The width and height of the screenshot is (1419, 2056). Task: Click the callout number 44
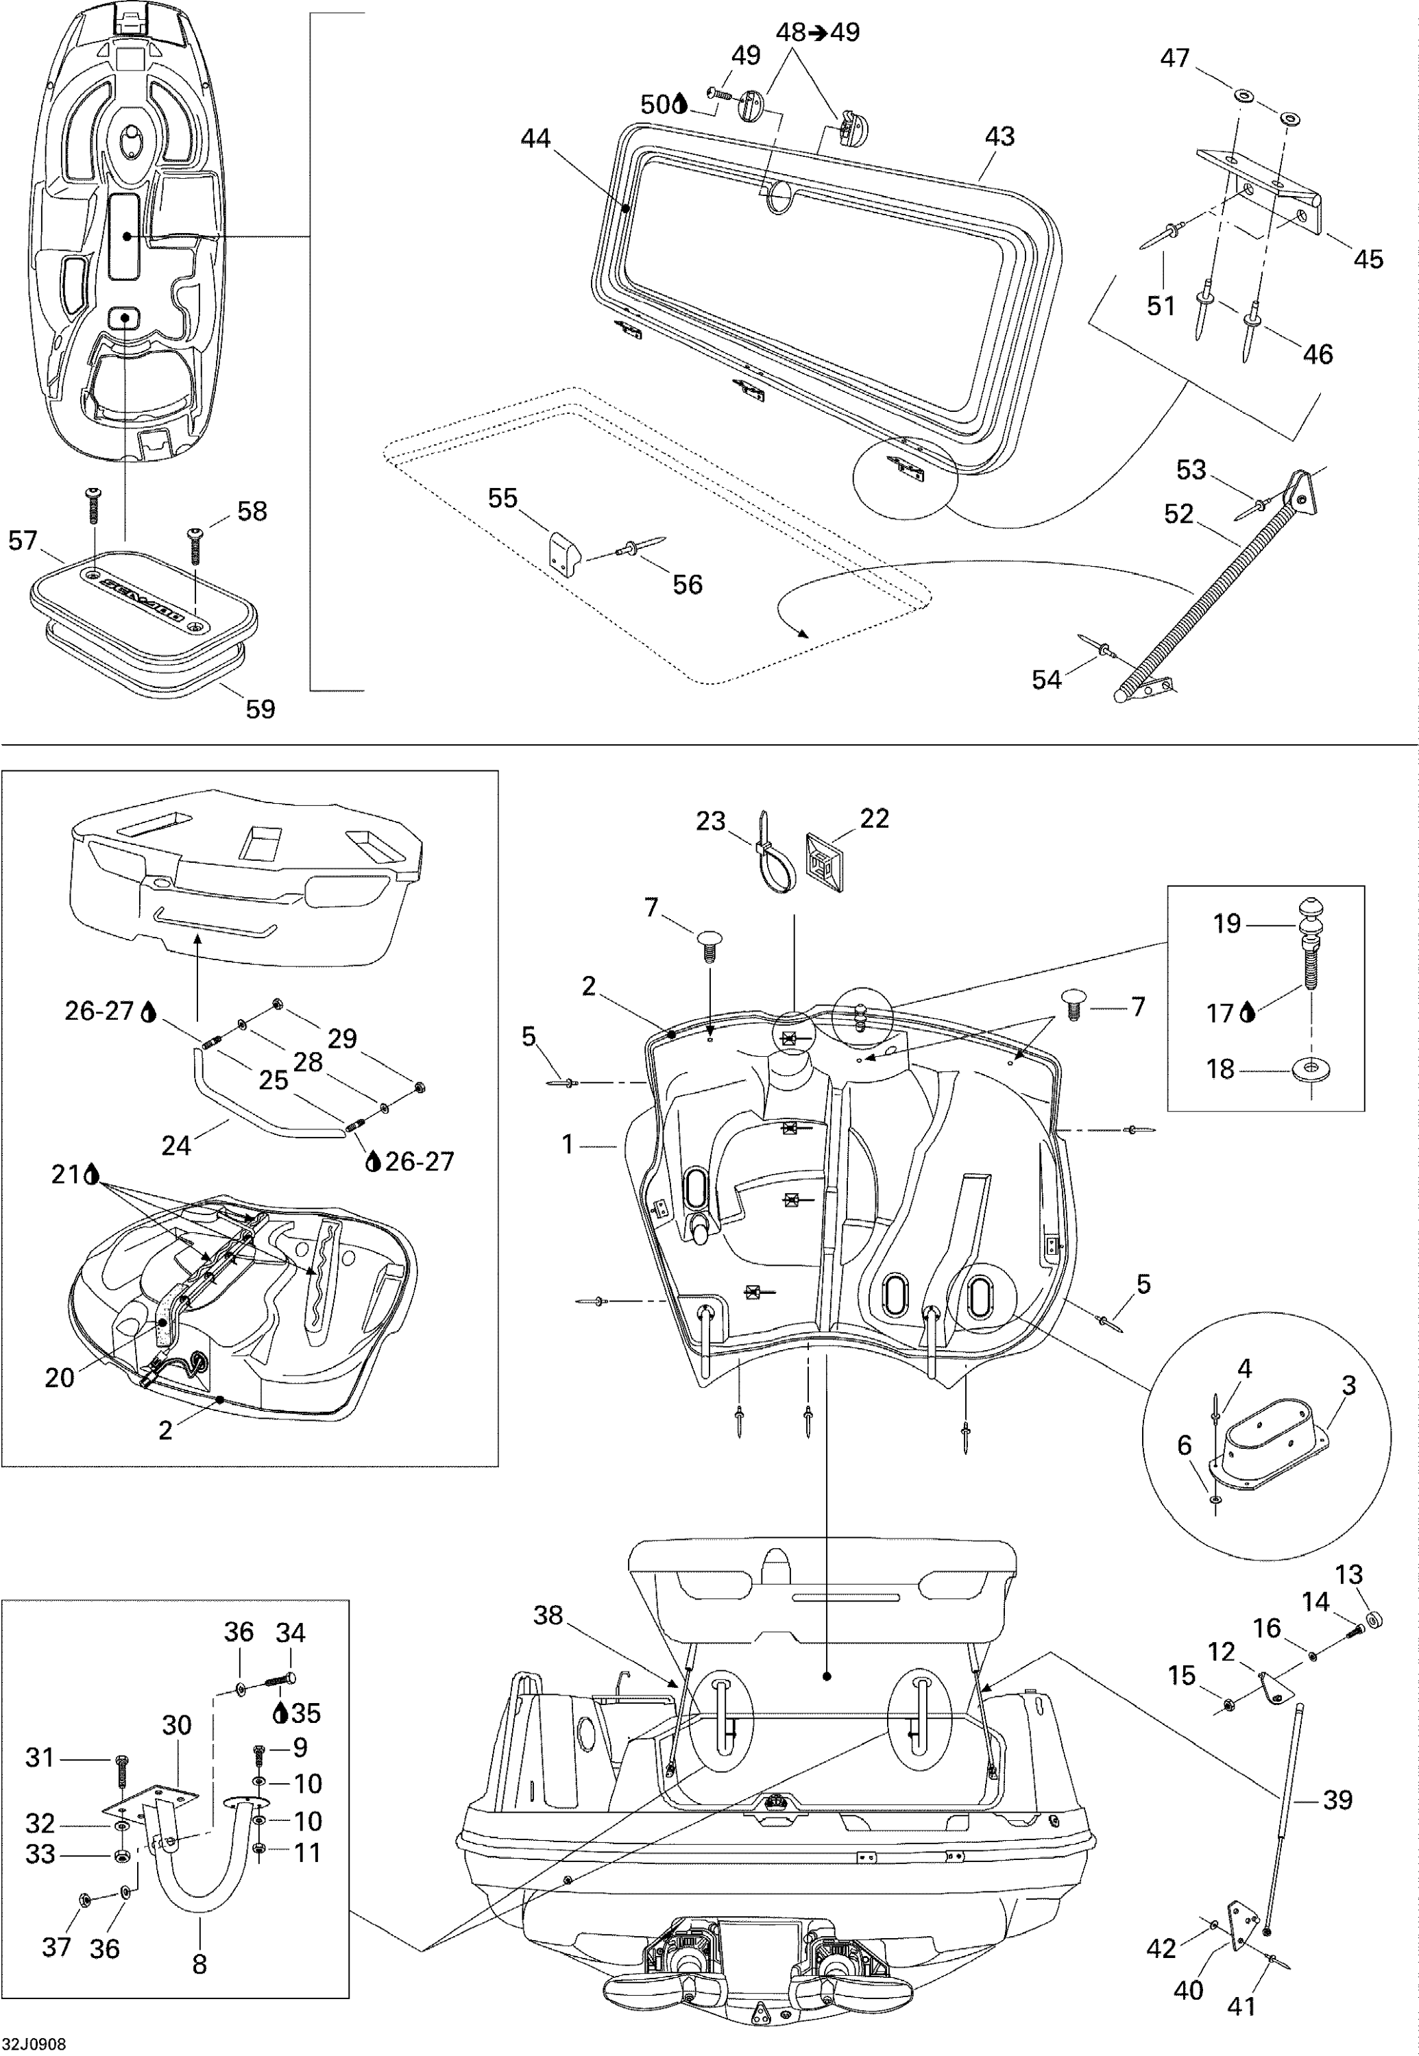click(x=535, y=138)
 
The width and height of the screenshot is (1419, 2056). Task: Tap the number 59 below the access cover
click(x=260, y=709)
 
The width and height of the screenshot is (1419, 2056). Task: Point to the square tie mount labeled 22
click(x=826, y=861)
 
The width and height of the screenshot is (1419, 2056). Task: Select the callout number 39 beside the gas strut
click(x=1337, y=1800)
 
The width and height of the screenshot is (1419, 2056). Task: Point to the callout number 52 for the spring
click(x=1179, y=514)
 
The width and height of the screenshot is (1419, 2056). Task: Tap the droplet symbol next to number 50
click(x=680, y=105)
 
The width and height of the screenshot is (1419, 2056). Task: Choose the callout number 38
click(x=548, y=1615)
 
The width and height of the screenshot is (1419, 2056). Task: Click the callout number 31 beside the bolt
click(x=40, y=1757)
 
